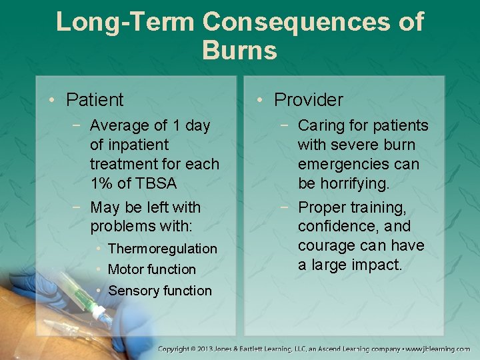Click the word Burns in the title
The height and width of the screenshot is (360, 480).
click(x=239, y=50)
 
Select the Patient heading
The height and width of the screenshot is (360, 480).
click(x=95, y=100)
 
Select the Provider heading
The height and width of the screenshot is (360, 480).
click(x=308, y=100)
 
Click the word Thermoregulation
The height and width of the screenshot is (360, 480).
click(x=162, y=249)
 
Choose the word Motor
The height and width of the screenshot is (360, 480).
click(x=125, y=269)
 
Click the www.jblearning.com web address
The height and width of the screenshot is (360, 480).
click(x=439, y=349)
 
